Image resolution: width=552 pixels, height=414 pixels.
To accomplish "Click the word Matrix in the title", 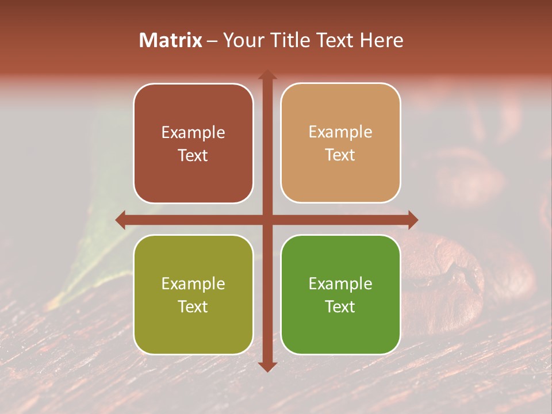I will click(171, 40).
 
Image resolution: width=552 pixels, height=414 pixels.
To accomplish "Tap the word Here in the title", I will click(381, 40).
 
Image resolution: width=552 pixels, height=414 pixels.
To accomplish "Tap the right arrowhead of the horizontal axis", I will click(412, 220).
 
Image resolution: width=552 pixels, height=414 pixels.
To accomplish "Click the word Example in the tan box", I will click(340, 132).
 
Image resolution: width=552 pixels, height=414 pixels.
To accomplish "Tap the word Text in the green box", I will click(340, 306).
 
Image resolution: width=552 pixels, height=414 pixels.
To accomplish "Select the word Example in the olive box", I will click(193, 283).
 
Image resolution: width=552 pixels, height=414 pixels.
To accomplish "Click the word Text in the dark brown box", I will click(193, 155).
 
